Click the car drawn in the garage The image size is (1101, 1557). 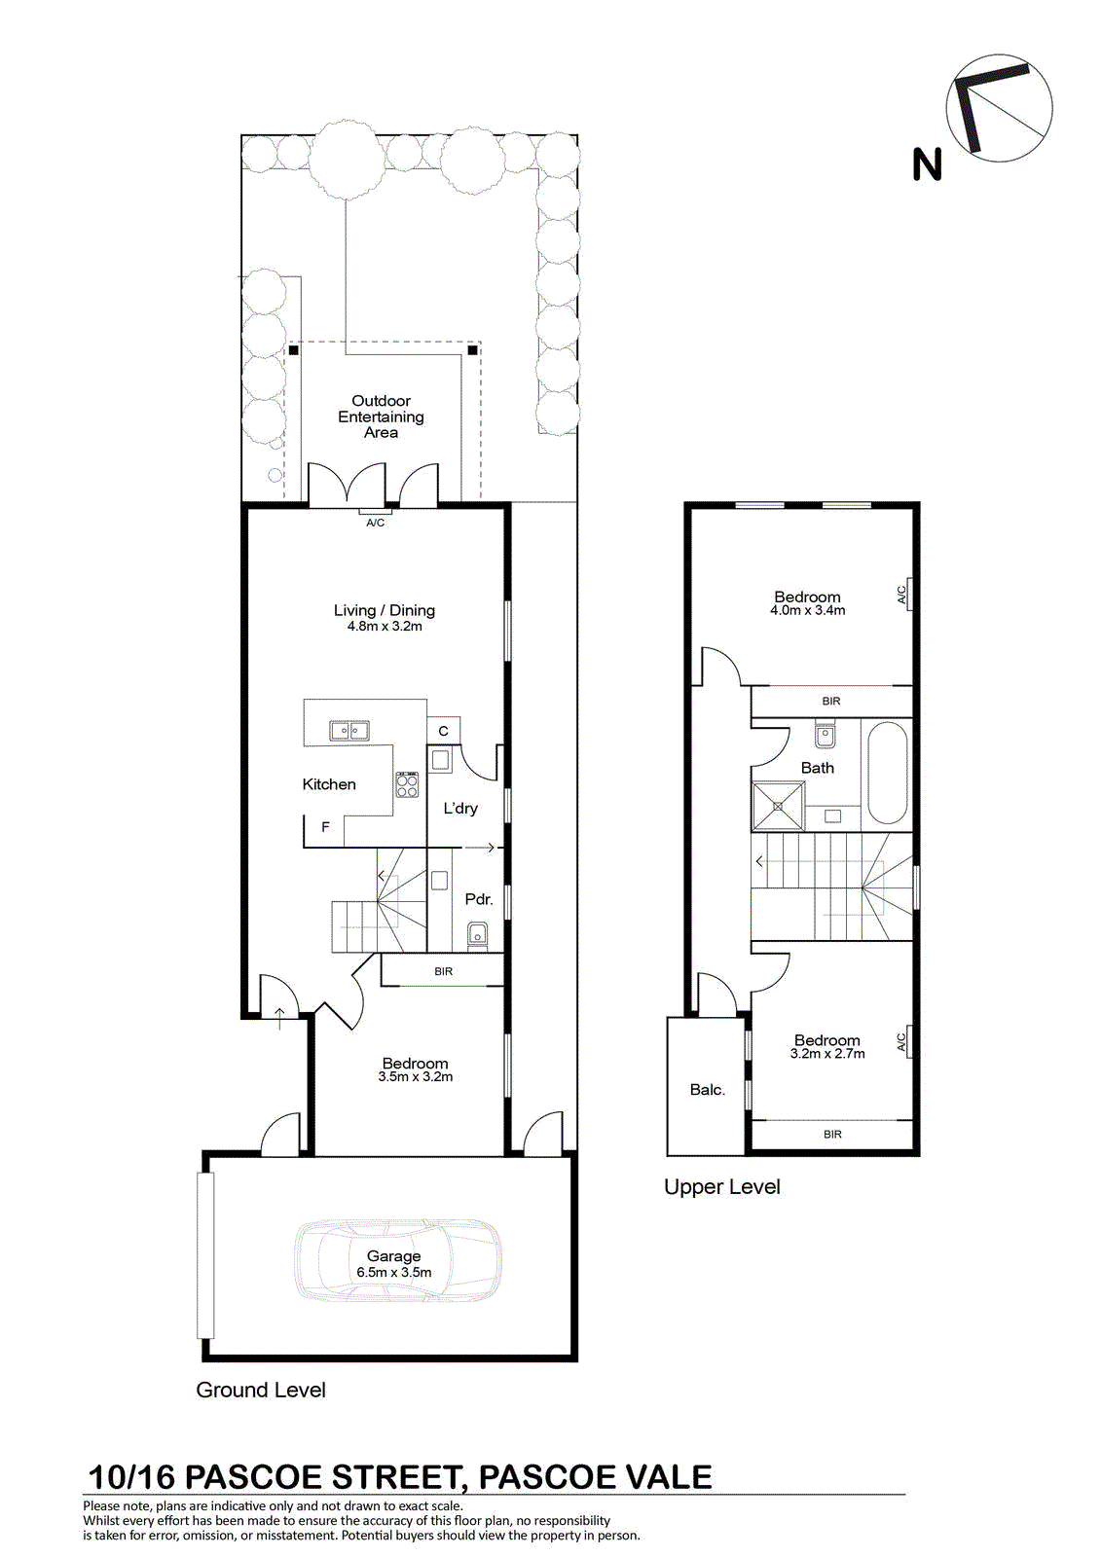[397, 1259]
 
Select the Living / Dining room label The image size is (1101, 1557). [384, 610]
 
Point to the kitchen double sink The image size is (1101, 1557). [349, 731]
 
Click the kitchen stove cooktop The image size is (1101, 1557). [408, 784]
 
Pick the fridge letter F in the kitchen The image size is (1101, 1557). [325, 827]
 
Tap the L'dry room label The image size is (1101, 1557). [460, 809]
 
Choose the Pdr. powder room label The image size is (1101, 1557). [479, 899]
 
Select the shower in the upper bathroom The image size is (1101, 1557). [778, 807]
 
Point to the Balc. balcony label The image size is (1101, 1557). [708, 1090]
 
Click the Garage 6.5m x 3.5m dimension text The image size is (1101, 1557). [393, 1273]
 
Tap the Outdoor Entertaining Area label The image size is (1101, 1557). [381, 416]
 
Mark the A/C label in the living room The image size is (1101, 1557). [375, 523]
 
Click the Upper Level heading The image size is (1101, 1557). [722, 1186]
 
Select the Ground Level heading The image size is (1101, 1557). [261, 1390]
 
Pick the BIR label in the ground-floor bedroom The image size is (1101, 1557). [443, 972]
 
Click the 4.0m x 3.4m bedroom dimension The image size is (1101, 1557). [807, 610]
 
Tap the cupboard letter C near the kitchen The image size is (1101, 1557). [443, 731]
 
